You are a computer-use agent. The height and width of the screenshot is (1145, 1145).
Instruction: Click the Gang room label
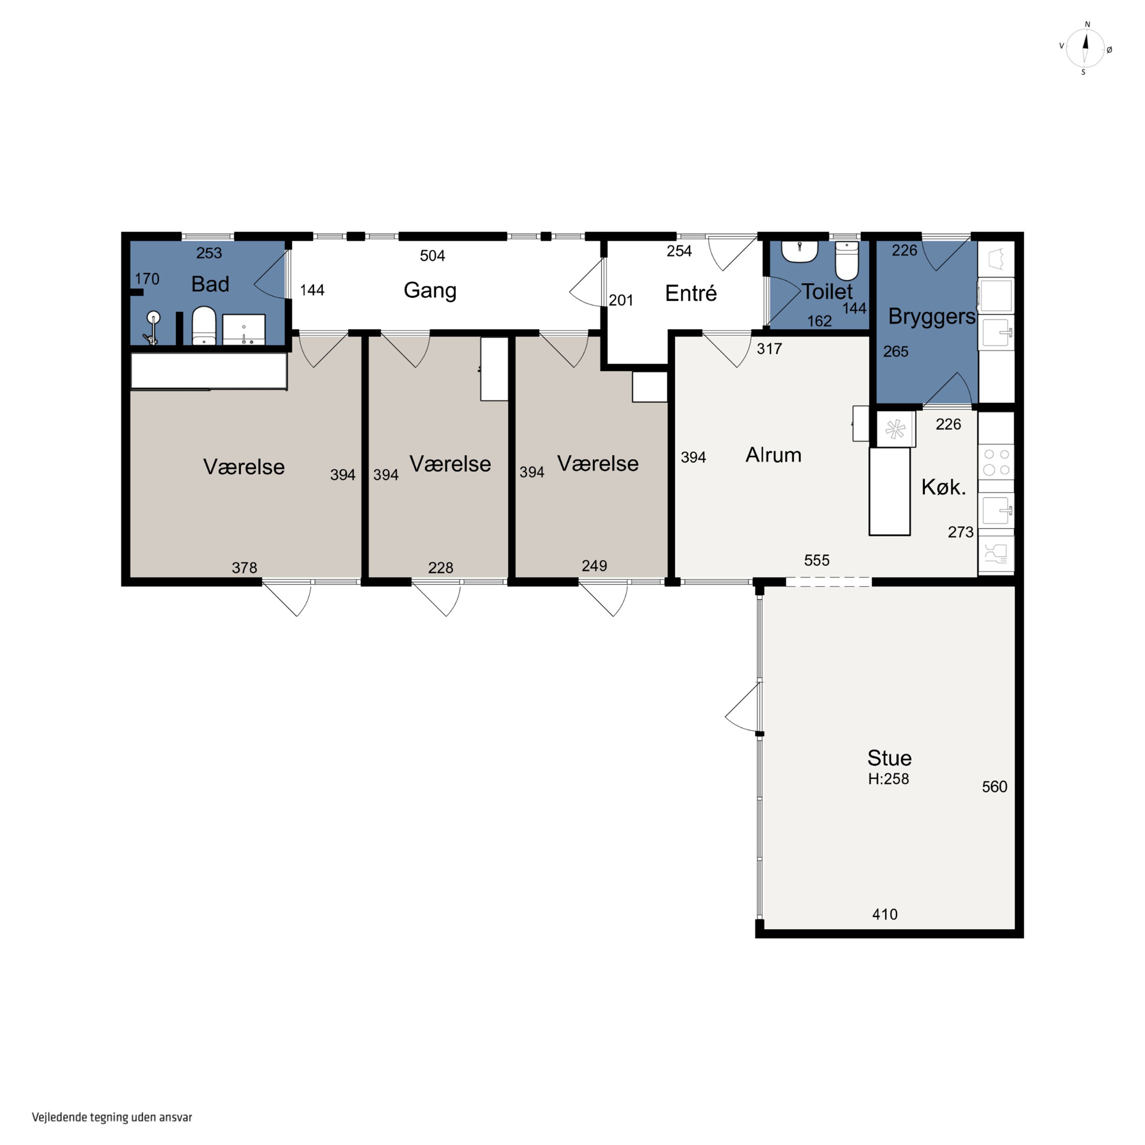coord(430,290)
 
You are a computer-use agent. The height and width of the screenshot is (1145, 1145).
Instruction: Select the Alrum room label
coord(773,455)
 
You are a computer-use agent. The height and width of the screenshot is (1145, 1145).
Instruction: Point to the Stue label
coord(889,758)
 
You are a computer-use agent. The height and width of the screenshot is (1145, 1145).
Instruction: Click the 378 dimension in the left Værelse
coord(244,568)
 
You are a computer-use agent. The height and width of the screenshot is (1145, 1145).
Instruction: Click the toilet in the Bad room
coord(204,325)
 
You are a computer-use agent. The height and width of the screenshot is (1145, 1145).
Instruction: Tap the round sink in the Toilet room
coord(800,251)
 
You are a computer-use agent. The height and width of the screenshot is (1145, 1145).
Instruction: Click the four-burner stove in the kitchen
coord(996,462)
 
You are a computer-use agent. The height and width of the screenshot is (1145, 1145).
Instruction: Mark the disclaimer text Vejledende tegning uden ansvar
coord(112,1117)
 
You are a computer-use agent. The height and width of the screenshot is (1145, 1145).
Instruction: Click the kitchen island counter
coord(889,491)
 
